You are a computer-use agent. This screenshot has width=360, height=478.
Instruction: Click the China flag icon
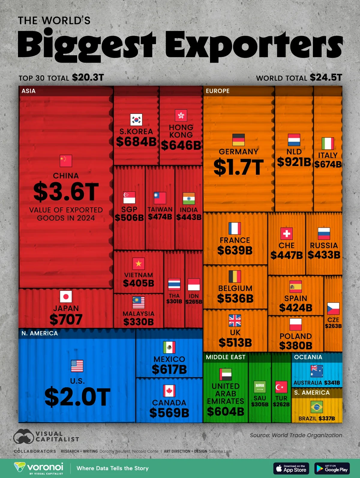coord(66,161)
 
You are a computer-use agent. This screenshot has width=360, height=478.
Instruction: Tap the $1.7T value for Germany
coord(238,167)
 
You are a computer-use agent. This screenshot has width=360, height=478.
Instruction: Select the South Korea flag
coord(136,120)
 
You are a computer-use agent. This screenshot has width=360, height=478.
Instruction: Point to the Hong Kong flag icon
coord(181,115)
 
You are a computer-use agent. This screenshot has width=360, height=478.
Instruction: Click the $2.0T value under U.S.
coord(77,397)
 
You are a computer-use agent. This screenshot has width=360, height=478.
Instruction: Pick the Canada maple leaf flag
coord(169,391)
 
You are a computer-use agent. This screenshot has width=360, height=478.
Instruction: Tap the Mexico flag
coord(169,348)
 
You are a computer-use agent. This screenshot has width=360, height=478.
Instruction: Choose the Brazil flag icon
coord(316,407)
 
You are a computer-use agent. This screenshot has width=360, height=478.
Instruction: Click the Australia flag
coord(317,371)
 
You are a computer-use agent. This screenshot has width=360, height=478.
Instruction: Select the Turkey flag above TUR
coord(281,387)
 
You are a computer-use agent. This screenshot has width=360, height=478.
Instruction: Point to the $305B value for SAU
coord(260,405)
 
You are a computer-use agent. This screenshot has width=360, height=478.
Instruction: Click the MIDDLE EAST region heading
coord(226,357)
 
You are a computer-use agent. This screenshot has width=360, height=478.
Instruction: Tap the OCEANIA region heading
coord(308,357)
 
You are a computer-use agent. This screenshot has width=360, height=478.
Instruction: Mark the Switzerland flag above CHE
coord(286,234)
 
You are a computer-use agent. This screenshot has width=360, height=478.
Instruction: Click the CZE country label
coord(333,320)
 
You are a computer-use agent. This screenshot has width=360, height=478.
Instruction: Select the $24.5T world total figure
coord(326,78)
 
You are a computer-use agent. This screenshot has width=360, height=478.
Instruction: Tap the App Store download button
coord(291,468)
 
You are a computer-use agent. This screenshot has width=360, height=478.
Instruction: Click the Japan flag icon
coord(66,297)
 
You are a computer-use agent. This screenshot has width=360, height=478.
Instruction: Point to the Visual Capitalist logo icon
coord(23,436)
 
